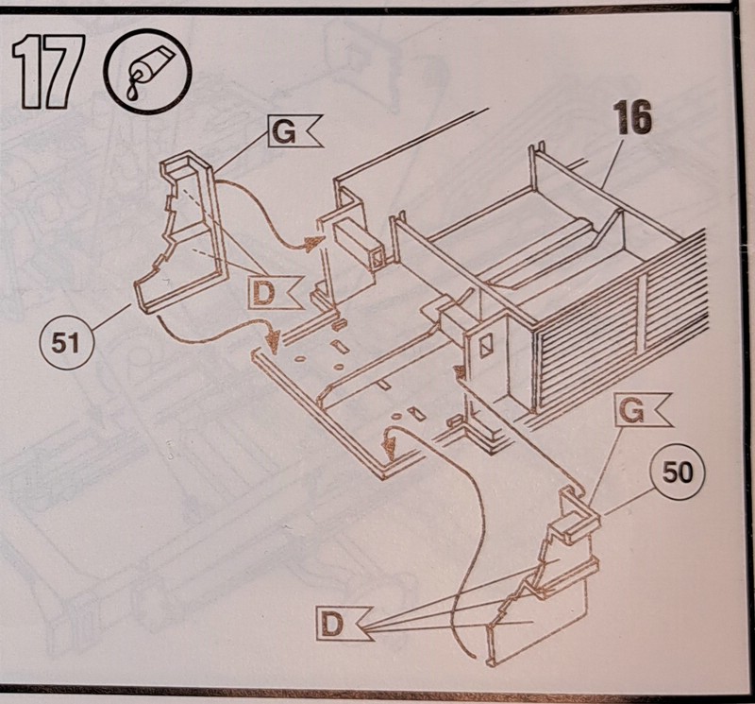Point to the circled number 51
[x=66, y=343]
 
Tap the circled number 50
[x=677, y=472]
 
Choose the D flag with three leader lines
[x=344, y=624]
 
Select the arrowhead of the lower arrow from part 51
[x=274, y=338]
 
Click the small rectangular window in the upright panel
[x=485, y=346]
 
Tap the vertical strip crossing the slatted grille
[x=642, y=314]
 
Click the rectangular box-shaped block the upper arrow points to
[x=359, y=243]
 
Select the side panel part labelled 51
[x=183, y=232]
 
